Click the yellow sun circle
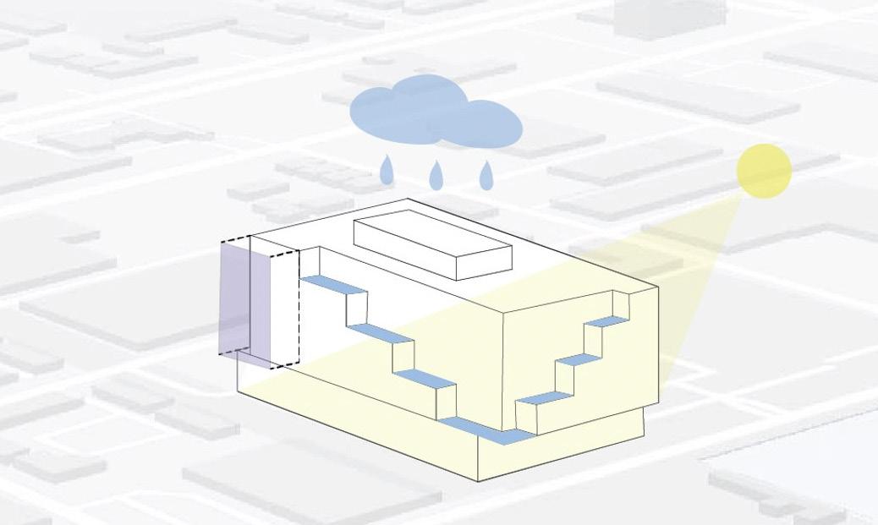tap(764, 170)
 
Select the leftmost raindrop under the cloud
tap(387, 171)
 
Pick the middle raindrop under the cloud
tap(436, 175)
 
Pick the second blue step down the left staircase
tap(380, 333)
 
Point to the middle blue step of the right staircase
tap(579, 359)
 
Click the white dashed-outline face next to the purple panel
tap(275, 309)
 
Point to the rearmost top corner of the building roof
tap(408, 200)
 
